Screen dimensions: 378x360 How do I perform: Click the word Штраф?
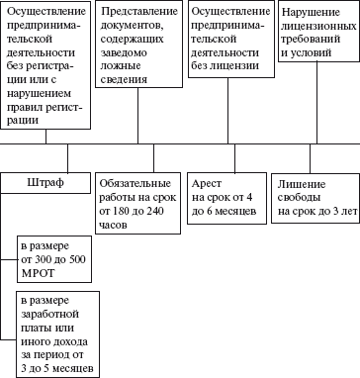(47, 183)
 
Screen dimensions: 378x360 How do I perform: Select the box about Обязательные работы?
(138, 203)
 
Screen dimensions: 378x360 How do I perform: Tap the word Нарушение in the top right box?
(311, 11)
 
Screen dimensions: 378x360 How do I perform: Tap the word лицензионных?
(315, 25)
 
